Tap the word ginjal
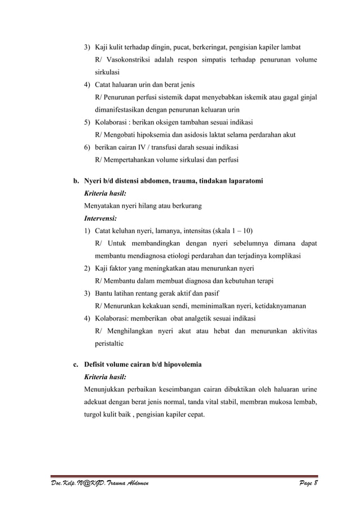305,98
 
